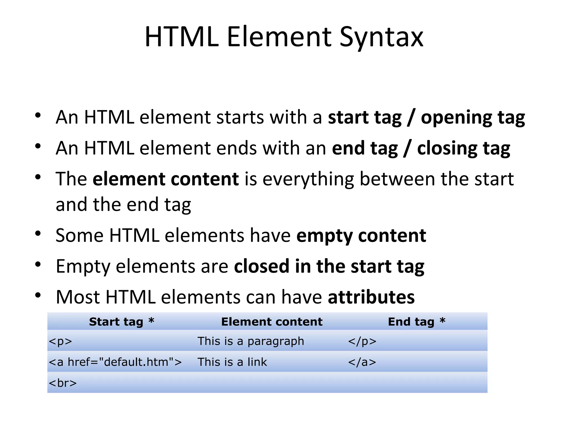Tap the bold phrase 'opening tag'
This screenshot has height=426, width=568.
[473, 117]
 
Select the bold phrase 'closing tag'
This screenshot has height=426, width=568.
[463, 148]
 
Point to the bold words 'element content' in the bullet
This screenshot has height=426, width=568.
[166, 179]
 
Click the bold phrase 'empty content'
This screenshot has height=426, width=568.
[361, 236]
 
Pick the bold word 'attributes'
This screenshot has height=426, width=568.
[371, 297]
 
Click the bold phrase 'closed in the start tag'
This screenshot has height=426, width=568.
[329, 267]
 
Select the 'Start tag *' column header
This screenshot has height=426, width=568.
[121, 322]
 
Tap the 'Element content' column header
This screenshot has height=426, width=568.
[272, 322]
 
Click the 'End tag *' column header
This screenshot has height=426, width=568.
[416, 322]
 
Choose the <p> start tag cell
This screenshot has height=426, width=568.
[60, 341]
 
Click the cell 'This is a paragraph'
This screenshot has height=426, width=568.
[251, 341]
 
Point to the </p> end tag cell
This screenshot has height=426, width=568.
[362, 341]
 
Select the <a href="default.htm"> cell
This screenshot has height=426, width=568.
[115, 362]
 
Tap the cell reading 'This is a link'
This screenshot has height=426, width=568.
[232, 362]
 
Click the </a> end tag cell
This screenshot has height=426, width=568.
[362, 362]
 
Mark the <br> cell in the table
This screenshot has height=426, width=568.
[63, 383]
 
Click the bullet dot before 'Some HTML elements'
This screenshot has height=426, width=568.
[38, 234]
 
